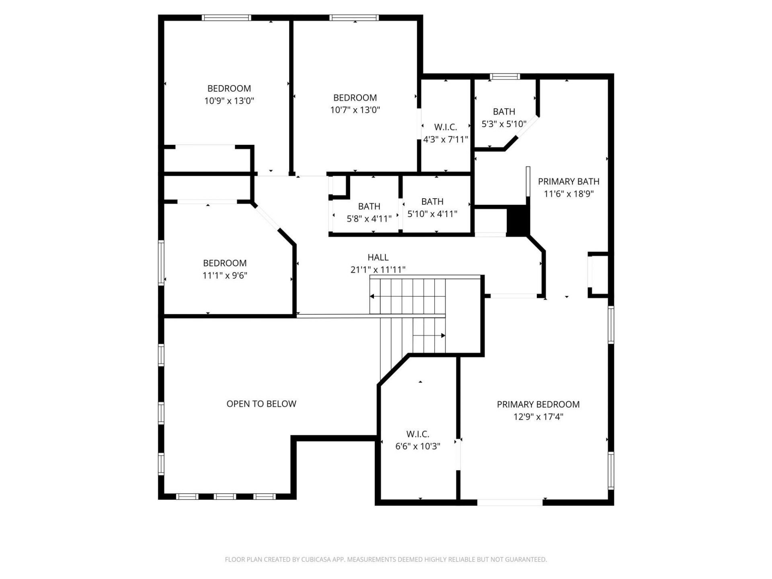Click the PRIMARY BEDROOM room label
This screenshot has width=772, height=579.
click(x=538, y=404)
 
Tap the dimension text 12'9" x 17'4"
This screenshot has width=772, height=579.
click(x=538, y=417)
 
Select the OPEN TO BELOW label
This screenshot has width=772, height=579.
click(x=261, y=404)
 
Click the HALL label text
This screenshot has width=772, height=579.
click(x=378, y=257)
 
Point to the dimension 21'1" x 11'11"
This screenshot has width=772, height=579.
click(x=378, y=269)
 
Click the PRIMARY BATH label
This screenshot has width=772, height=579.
click(x=569, y=181)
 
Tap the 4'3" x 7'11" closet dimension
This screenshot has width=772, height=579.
click(x=446, y=140)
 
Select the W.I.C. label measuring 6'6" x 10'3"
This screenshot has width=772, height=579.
click(x=418, y=434)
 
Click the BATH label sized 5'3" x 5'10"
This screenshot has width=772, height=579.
click(x=504, y=111)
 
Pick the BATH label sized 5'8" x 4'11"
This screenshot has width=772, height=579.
click(x=369, y=206)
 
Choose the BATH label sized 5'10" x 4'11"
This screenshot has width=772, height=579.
click(x=432, y=201)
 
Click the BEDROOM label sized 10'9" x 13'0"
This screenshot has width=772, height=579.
click(x=229, y=88)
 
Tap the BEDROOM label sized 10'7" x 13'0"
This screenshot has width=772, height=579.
click(x=355, y=97)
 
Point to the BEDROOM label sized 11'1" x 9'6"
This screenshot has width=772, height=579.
click(x=225, y=263)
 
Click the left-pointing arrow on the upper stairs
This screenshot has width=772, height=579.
click(x=372, y=296)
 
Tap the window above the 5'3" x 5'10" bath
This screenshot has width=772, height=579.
click(x=505, y=76)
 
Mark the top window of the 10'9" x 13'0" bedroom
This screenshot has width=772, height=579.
click(x=226, y=18)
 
